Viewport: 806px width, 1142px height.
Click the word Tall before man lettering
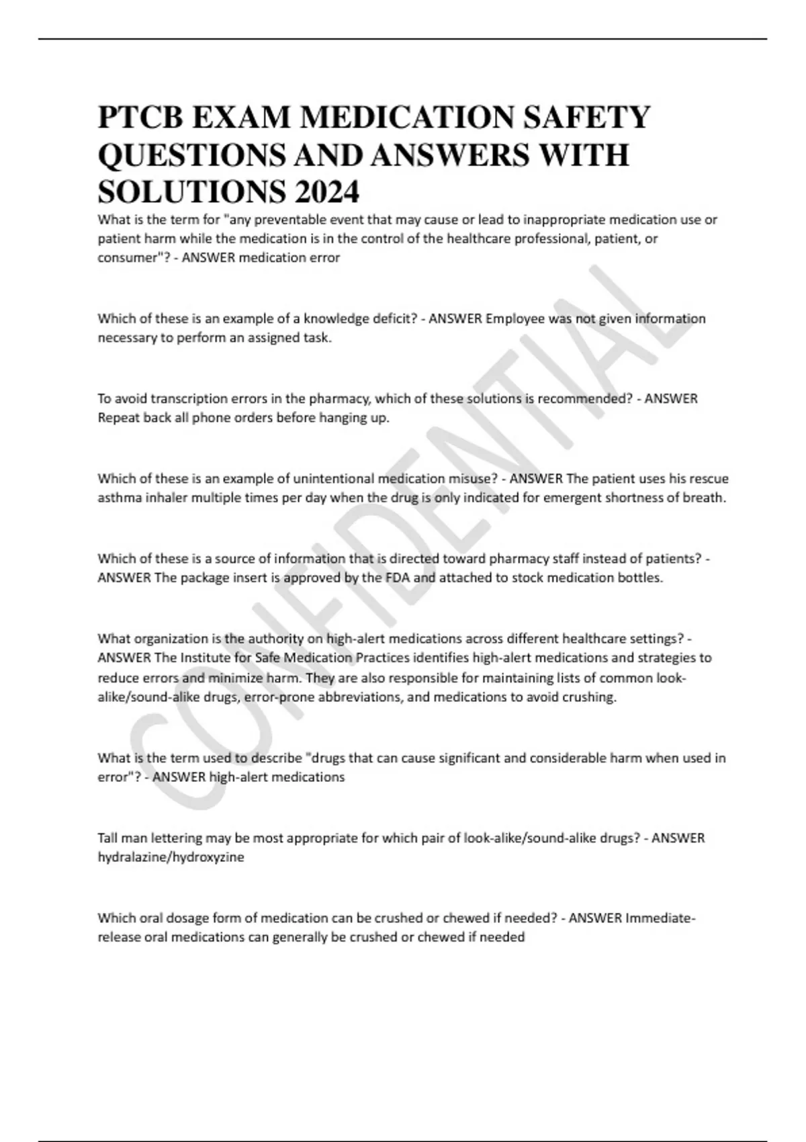(x=109, y=838)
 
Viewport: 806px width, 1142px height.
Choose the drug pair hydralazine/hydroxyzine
(x=171, y=858)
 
